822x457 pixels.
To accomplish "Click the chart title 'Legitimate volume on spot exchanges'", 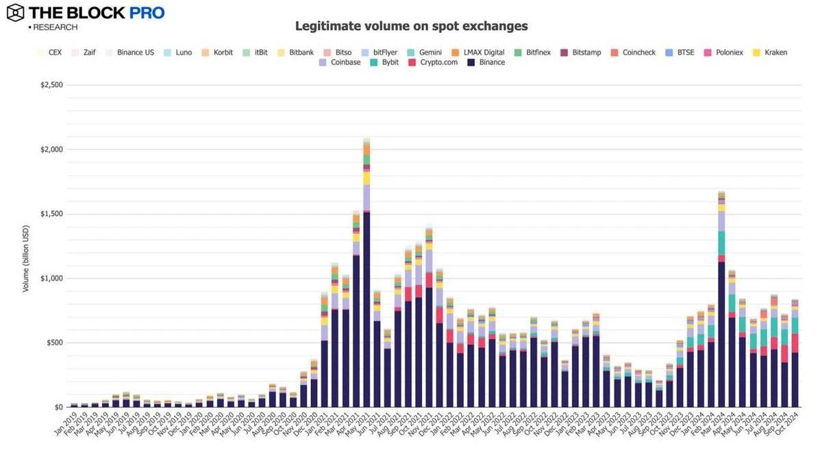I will pyautogui.click(x=411, y=26).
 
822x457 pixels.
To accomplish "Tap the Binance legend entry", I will pyautogui.click(x=486, y=62).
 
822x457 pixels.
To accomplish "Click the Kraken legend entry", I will pyautogui.click(x=769, y=52).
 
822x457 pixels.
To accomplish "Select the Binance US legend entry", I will pyautogui.click(x=129, y=52).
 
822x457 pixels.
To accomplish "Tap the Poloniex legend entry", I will pyautogui.click(x=727, y=52).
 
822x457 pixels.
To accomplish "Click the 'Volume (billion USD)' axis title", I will pyautogui.click(x=26, y=259).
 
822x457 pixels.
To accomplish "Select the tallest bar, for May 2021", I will pyautogui.click(x=366, y=274).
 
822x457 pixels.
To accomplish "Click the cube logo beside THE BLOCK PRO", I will pyautogui.click(x=15, y=12).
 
